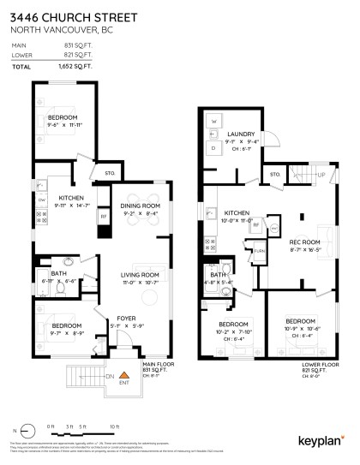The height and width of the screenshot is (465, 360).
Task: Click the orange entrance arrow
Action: (x=123, y=375)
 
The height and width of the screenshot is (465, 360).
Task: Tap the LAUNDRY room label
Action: (x=242, y=134)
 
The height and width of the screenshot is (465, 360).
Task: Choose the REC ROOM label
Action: (x=304, y=243)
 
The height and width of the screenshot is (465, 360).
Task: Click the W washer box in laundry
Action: (x=213, y=122)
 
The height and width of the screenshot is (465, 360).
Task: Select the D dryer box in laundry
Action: (x=213, y=146)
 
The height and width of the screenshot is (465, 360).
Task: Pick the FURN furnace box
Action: (x=260, y=250)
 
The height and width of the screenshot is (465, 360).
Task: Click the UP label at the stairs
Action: (x=321, y=176)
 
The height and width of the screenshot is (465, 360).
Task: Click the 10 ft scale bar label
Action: (x=114, y=426)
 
